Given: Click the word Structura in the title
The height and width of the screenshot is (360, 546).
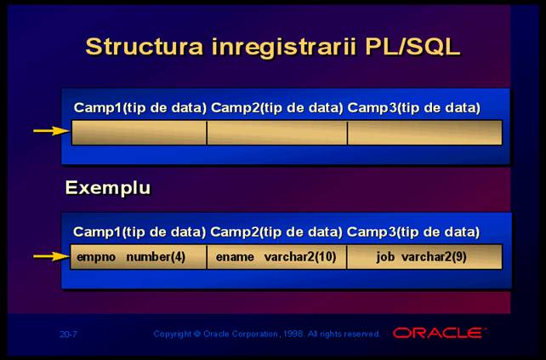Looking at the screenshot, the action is coord(145,46).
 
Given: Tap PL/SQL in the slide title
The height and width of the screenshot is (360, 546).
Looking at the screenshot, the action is coord(412,47).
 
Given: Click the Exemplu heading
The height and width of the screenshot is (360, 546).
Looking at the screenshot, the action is coord(108,188).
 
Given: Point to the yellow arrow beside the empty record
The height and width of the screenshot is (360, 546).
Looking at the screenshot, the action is coord(52,131).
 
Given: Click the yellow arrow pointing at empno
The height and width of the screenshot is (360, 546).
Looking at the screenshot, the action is coord(52,257).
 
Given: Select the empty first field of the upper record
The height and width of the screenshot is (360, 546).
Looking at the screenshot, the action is coord(139,133).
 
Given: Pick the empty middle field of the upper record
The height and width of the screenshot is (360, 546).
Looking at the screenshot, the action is coord(277,133).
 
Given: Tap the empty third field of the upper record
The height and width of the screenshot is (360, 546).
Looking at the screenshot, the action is coord(425,133).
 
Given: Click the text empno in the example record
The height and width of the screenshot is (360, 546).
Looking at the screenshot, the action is coord(96,258).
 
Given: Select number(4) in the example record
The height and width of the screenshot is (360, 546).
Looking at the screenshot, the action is coord(156,257).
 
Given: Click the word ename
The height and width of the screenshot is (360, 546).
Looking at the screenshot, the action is coord(235,257).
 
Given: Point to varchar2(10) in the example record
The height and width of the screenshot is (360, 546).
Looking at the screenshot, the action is coord(300,257).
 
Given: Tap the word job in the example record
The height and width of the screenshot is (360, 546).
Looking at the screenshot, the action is coord(385,257).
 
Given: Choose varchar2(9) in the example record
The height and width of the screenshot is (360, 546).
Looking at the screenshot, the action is coord(434,257).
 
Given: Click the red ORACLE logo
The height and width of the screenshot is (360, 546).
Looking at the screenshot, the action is coord(439,333).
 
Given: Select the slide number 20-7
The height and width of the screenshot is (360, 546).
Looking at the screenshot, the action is coord(68,334).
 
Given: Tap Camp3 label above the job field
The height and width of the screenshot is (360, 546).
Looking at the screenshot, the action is coord(371,232).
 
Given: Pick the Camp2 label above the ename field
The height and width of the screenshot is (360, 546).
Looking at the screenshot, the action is coord(235,232).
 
